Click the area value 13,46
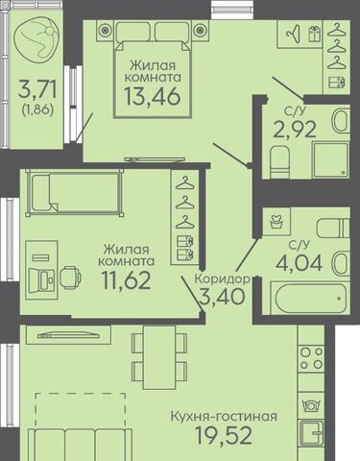point(153,96)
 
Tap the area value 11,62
point(126,279)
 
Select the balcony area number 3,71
point(37,89)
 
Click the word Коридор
point(223,279)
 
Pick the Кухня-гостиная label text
point(224,417)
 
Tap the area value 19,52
point(224,435)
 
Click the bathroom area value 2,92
point(295,129)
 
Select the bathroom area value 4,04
point(300,263)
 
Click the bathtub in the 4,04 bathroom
point(310,298)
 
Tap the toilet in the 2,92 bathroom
point(280,162)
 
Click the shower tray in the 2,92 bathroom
point(331,160)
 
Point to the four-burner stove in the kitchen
point(311,358)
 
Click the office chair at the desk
point(70,278)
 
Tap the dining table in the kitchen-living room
point(159,357)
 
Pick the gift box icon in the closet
point(314,34)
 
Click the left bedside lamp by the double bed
point(105,30)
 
